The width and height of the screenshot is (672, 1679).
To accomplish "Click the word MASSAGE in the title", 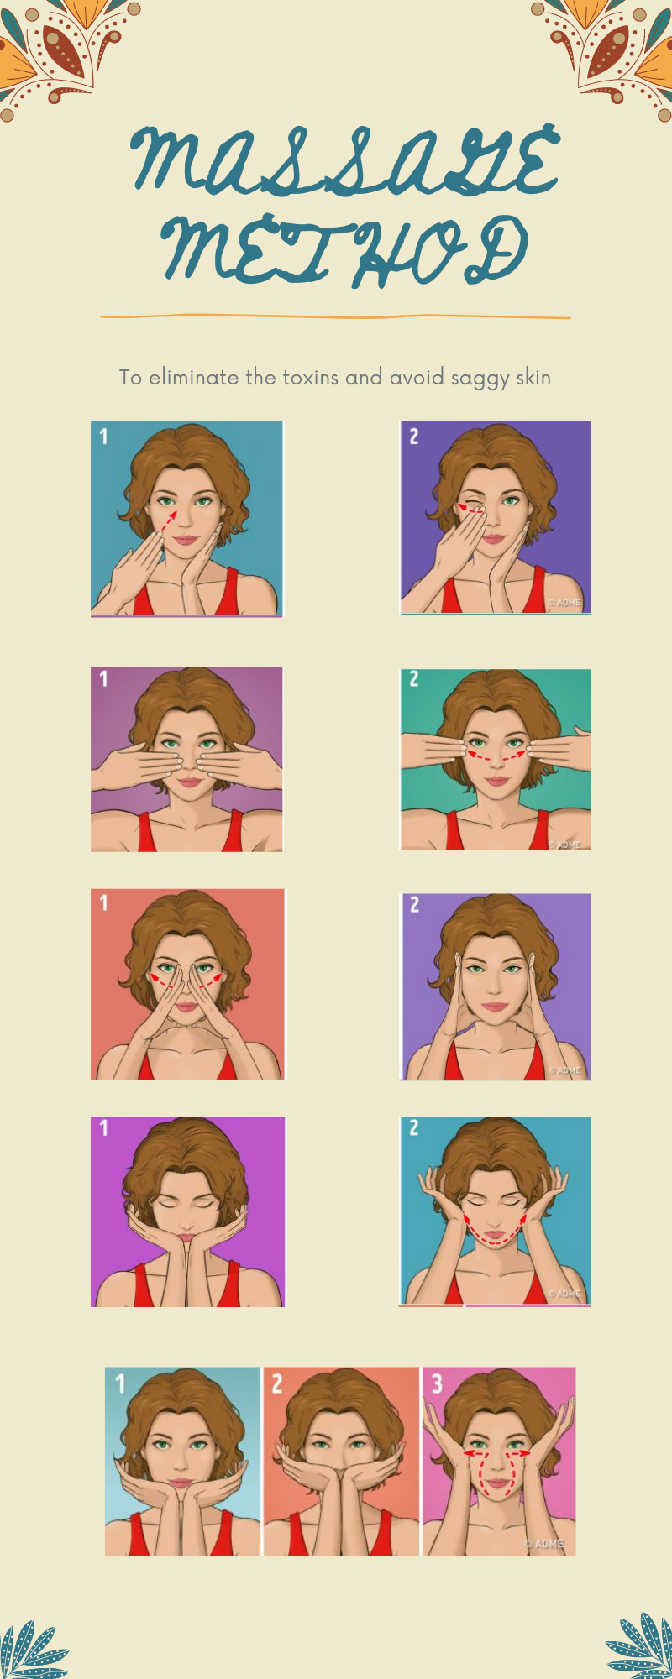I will click(344, 161).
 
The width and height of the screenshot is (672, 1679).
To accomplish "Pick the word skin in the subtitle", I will click(533, 378).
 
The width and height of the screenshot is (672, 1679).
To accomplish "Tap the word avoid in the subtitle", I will click(416, 378).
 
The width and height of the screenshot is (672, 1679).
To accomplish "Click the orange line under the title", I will click(336, 317).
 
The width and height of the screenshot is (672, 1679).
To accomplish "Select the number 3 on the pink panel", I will click(437, 1383).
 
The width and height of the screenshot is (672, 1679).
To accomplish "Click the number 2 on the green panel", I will click(413, 679).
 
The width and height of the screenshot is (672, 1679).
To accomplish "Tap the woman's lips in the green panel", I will click(496, 781).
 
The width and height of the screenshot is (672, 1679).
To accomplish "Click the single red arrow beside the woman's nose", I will click(168, 520).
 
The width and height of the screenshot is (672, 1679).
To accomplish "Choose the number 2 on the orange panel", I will click(277, 1383).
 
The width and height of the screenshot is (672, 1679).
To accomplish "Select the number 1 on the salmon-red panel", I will click(103, 902).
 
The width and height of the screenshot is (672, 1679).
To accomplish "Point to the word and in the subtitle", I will click(364, 378).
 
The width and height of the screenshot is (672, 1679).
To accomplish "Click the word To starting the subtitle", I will click(130, 378).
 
